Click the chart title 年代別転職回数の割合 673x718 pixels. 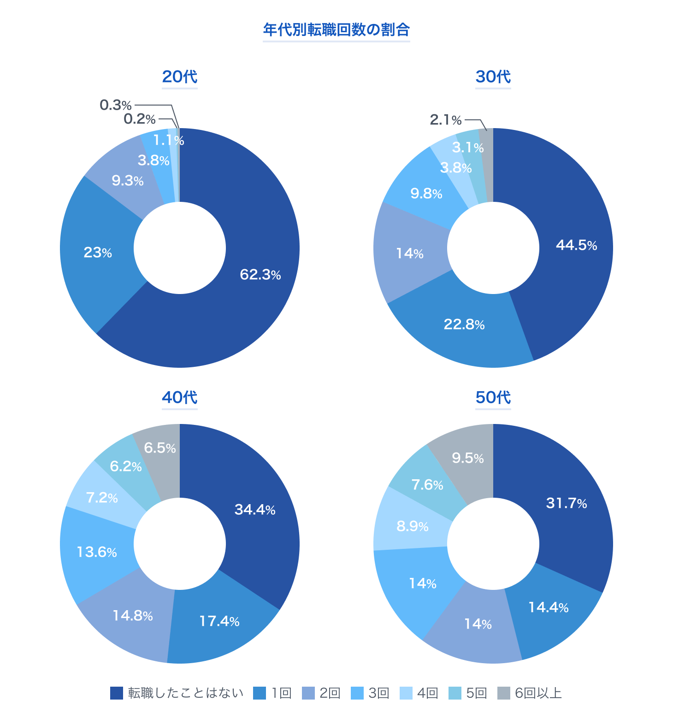[x=336, y=30]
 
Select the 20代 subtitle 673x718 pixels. [x=179, y=77]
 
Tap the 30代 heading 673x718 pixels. [x=493, y=77]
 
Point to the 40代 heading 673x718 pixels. [x=179, y=397]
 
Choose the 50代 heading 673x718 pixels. [x=493, y=397]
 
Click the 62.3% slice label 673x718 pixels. [x=260, y=275]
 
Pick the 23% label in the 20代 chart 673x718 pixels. [x=98, y=253]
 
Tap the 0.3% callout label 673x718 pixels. [x=116, y=105]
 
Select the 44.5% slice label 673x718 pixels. [x=576, y=245]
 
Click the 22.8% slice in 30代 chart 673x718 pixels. [x=464, y=325]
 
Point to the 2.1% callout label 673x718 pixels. [x=445, y=120]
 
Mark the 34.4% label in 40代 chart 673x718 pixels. [x=255, y=510]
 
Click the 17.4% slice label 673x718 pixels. [x=219, y=621]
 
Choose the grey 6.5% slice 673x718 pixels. [x=160, y=448]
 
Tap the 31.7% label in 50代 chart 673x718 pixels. [x=566, y=503]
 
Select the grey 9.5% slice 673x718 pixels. [x=467, y=458]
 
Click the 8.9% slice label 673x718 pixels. [x=413, y=526]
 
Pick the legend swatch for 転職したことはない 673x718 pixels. [x=117, y=693]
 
